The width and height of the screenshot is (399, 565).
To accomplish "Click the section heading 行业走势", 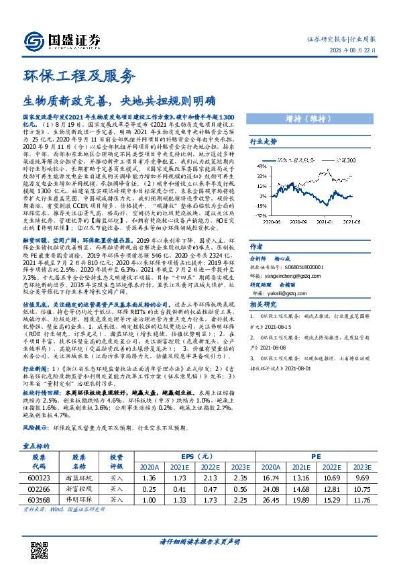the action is pyautogui.click(x=263, y=142).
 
